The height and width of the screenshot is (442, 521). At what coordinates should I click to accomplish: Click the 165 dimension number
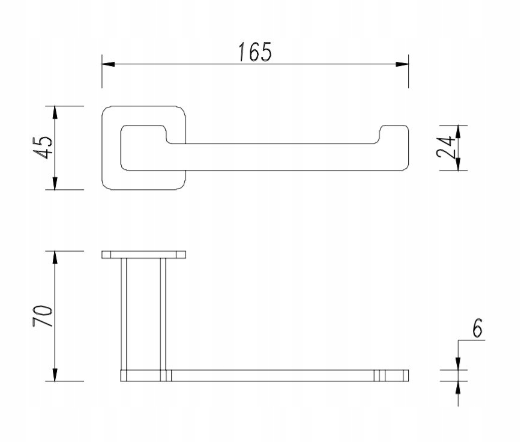(x=254, y=52)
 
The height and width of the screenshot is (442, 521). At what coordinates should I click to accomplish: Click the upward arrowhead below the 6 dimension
(x=458, y=388)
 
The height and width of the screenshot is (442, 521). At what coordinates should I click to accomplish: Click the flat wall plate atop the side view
(x=143, y=255)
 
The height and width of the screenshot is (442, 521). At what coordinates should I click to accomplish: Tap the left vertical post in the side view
(x=124, y=312)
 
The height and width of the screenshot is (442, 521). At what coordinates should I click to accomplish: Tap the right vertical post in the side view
(x=163, y=312)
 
